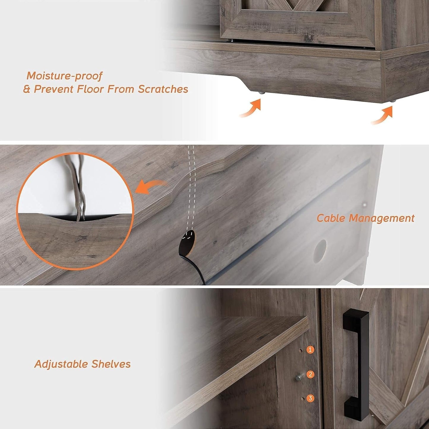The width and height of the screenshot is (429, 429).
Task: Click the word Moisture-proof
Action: (x=64, y=76)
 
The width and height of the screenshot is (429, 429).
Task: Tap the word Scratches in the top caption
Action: (x=163, y=89)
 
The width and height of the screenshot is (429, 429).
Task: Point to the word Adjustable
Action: (x=61, y=364)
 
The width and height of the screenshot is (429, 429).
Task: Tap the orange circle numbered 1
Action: (x=310, y=349)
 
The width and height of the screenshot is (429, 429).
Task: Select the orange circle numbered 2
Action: (x=310, y=374)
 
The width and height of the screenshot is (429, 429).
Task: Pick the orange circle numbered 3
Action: (x=310, y=398)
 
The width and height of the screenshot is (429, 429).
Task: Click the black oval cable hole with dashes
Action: (x=188, y=239)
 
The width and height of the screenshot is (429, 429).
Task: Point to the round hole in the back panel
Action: (x=319, y=247)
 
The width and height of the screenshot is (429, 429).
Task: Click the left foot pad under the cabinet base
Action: (x=261, y=93)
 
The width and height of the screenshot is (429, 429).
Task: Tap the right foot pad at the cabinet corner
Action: (x=393, y=102)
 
